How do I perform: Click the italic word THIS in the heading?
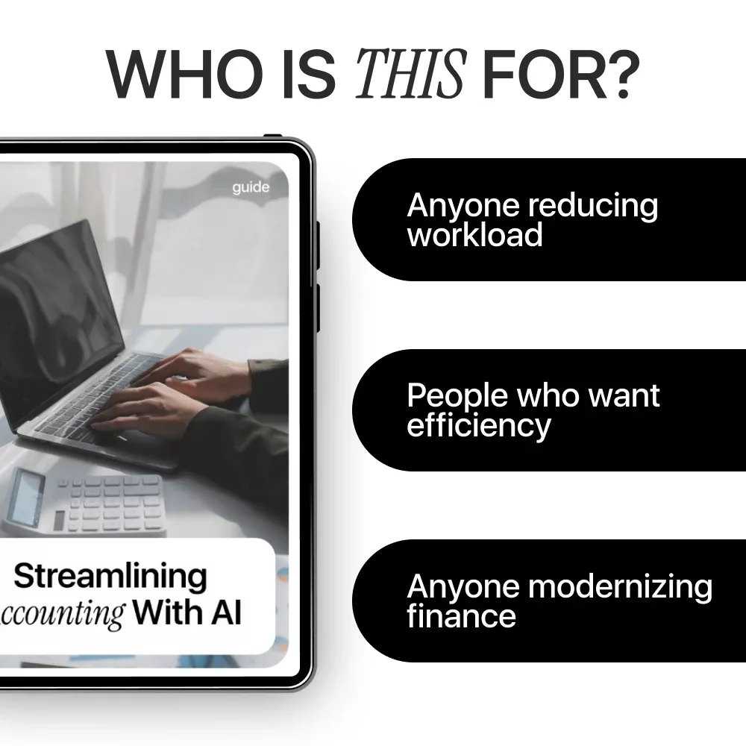coord(411,74)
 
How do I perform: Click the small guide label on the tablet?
coord(251,187)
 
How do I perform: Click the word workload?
coord(474,234)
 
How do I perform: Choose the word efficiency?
coord(479,426)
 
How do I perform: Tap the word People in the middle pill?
coord(458,396)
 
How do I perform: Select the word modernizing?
coord(620,586)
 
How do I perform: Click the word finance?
coord(462,615)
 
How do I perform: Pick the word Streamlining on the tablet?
coord(110,577)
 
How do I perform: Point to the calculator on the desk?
coord(84,502)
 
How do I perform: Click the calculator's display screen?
coord(27,497)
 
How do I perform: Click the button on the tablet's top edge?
coord(272,137)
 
